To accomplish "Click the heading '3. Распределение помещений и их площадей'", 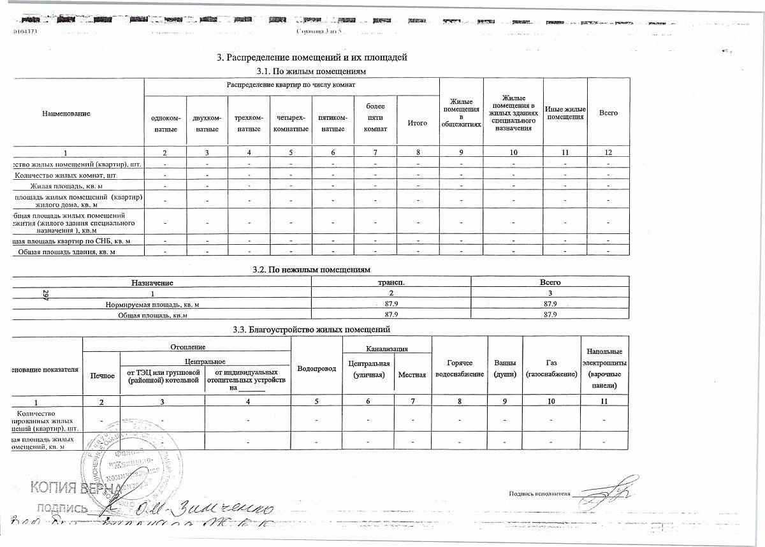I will [x=312, y=58].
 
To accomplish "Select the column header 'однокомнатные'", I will [x=165, y=124].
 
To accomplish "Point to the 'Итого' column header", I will [x=417, y=123].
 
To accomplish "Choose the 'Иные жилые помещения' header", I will [x=565, y=113].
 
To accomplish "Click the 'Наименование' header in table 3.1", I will [x=66, y=113].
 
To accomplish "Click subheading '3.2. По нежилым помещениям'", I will [x=312, y=270].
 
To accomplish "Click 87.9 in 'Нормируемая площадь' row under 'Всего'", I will [x=550, y=304].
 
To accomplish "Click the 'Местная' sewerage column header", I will [x=412, y=374].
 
